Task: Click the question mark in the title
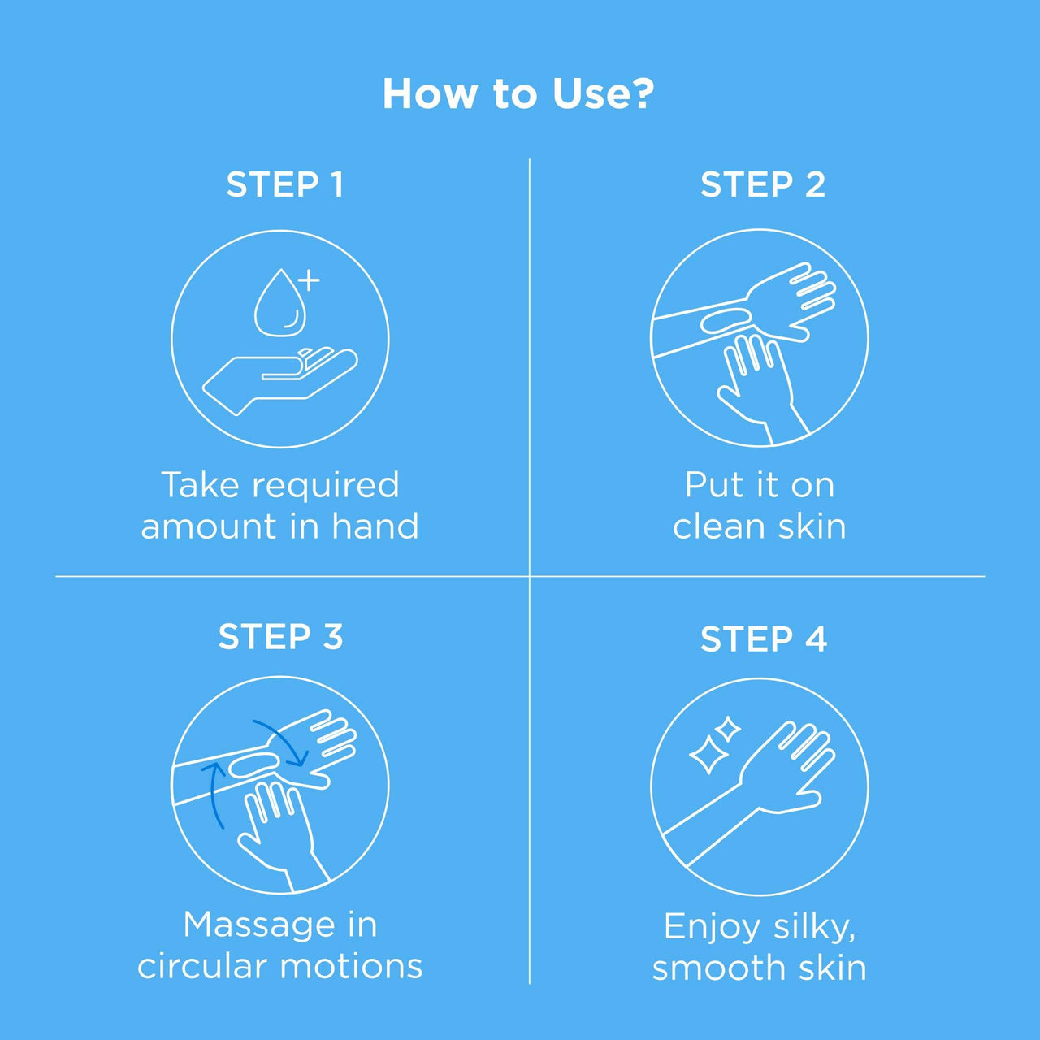pyautogui.click(x=642, y=93)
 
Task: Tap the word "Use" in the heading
pyautogui.click(x=589, y=94)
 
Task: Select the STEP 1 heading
pyautogui.click(x=285, y=184)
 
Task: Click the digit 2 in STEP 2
pyautogui.click(x=814, y=184)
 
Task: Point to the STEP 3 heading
pyautogui.click(x=280, y=636)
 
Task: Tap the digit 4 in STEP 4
pyautogui.click(x=816, y=639)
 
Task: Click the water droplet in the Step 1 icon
pyautogui.click(x=280, y=303)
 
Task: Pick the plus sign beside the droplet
pyautogui.click(x=309, y=280)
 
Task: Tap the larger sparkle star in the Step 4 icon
pyautogui.click(x=708, y=754)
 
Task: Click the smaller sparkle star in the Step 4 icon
pyautogui.click(x=728, y=730)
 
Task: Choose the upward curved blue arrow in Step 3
pyautogui.click(x=211, y=794)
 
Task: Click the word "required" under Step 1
pyautogui.click(x=327, y=487)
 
